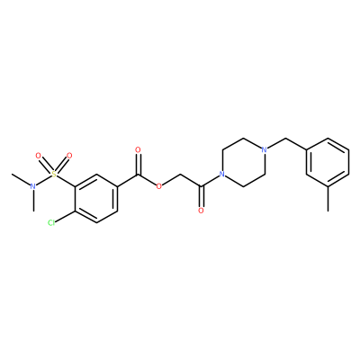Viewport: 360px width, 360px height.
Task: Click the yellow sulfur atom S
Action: click(x=54, y=174)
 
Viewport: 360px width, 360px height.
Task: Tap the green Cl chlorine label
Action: click(x=51, y=222)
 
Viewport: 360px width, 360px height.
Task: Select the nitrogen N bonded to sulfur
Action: click(x=33, y=186)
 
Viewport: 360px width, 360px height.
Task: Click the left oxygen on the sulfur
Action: click(x=38, y=156)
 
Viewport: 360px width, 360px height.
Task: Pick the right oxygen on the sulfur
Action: click(x=69, y=156)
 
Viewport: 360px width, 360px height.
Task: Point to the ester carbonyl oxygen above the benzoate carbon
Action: click(x=138, y=149)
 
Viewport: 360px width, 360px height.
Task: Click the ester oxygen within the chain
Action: click(x=159, y=186)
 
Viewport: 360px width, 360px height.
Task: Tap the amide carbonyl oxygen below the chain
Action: click(x=201, y=211)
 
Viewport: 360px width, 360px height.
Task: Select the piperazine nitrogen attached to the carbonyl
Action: click(x=222, y=174)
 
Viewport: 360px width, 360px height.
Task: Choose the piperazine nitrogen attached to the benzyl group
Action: click(x=264, y=149)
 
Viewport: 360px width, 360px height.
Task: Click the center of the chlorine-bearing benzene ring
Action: click(x=96, y=198)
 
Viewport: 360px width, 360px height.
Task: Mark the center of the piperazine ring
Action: click(x=243, y=162)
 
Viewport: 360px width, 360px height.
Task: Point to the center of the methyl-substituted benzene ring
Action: click(x=328, y=162)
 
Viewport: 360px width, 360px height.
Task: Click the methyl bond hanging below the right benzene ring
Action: click(x=328, y=199)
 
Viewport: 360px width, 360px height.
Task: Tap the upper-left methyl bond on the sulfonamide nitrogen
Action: click(x=21, y=180)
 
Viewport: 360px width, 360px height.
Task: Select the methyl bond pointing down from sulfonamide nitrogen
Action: click(x=33, y=201)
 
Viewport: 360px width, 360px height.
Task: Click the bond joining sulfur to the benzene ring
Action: click(x=66, y=180)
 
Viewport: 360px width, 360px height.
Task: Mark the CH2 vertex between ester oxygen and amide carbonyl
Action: click(x=180, y=174)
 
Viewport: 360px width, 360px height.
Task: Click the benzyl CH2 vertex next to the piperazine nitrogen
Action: click(x=285, y=138)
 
